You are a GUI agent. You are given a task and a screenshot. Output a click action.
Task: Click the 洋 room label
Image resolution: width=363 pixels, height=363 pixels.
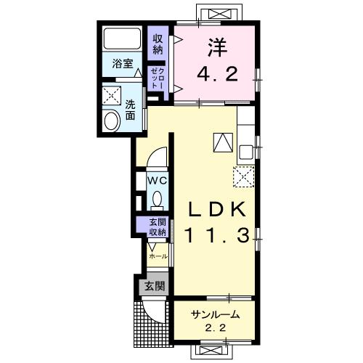pos(217,48)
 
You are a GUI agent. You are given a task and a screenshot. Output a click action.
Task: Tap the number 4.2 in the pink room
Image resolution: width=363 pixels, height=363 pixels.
pos(217,74)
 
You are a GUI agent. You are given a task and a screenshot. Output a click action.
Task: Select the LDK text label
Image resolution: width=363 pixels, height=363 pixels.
pos(217,209)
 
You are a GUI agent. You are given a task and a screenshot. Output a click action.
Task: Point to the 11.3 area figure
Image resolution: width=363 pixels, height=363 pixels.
pos(217,236)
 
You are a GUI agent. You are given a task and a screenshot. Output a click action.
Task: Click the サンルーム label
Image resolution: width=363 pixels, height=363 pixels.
pos(215,314)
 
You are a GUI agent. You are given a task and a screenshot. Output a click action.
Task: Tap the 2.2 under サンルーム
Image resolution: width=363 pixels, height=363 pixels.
pos(216,328)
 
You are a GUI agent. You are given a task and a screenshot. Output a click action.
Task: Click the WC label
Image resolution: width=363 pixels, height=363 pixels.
pos(158,181)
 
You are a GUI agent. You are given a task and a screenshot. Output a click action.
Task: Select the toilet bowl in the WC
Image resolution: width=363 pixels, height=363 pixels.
pos(158,199)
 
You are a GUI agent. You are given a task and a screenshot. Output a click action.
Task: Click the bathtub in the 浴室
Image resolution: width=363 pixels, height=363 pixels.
pos(122,39)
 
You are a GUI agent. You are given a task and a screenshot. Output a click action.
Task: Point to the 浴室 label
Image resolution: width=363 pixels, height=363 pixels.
pos(123,64)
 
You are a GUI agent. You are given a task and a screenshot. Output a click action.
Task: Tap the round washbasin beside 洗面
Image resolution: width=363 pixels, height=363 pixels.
pos(112,121)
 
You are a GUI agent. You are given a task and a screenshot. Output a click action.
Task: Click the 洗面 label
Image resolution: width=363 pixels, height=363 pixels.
pos(130,110)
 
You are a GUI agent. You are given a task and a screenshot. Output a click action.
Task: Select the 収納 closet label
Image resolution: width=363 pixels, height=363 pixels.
pos(158,44)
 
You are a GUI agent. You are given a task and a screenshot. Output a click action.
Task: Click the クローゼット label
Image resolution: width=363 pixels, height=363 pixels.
pos(157,78)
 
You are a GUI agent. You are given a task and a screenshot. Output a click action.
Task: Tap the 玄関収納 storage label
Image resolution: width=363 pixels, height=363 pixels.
pos(158,227)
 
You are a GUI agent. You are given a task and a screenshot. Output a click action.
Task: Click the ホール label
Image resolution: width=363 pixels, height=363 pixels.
pos(158,256)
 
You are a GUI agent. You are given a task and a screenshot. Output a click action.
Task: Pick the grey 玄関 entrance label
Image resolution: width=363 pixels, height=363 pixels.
pos(155,286)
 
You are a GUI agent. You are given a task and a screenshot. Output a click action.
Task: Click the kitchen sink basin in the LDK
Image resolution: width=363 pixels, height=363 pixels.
pos(245,152)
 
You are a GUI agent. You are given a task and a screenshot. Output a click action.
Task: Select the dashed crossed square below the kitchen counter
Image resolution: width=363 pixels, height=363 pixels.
pos(244,177)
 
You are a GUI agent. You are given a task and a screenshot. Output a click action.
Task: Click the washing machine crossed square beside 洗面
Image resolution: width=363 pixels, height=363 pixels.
pos(112,96)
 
